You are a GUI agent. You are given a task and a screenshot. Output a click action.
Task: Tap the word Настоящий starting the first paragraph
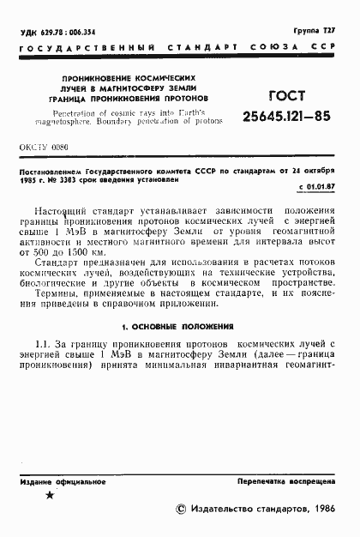(64, 211)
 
